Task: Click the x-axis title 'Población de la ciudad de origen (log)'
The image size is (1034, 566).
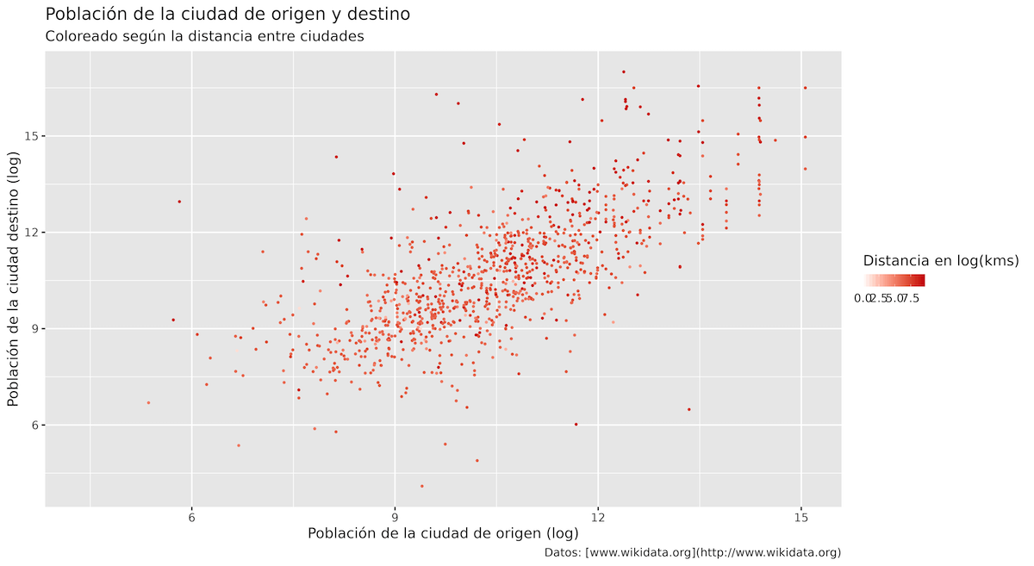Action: click(443, 534)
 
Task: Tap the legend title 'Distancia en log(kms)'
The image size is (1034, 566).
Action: click(941, 260)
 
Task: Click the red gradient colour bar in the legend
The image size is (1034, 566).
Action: click(894, 280)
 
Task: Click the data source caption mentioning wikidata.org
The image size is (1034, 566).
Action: click(693, 553)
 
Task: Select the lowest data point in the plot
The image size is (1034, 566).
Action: click(421, 486)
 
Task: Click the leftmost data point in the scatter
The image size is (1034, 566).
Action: click(148, 402)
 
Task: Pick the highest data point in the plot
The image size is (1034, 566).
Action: click(623, 72)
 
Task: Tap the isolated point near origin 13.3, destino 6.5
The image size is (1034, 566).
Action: click(689, 409)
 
